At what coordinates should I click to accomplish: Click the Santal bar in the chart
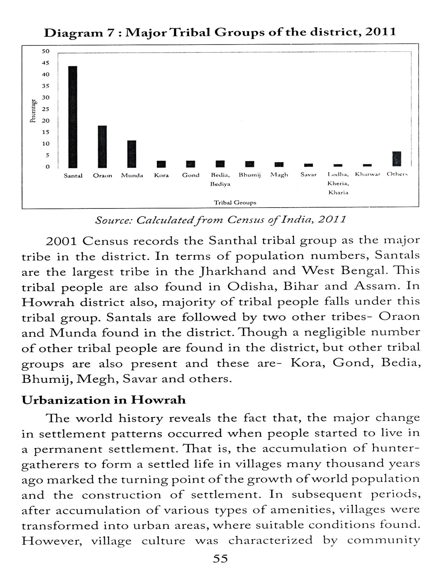(x=72, y=117)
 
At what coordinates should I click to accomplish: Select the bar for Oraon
(x=102, y=147)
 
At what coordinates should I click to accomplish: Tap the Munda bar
(x=132, y=154)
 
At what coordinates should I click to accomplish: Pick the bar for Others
(x=397, y=159)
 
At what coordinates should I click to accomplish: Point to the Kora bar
(x=161, y=164)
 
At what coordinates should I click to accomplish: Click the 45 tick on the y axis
(x=46, y=63)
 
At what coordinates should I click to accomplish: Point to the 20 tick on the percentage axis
(x=46, y=121)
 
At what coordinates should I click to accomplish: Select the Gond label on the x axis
(x=191, y=175)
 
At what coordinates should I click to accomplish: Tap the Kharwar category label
(x=368, y=175)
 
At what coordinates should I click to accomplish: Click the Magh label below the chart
(x=279, y=175)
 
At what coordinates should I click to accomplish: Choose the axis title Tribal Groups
(x=235, y=202)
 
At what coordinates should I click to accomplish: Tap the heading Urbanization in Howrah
(x=104, y=400)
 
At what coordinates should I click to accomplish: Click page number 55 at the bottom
(x=220, y=559)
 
